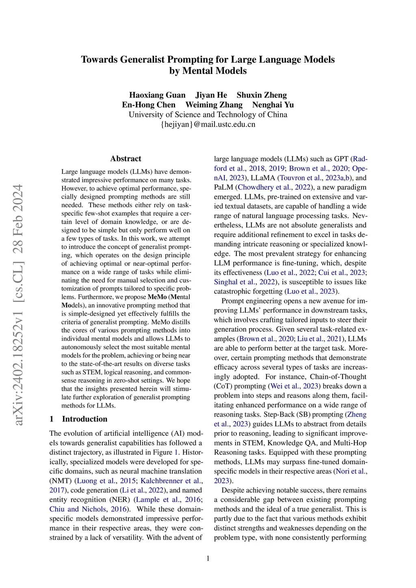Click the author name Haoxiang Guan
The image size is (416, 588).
click(157, 95)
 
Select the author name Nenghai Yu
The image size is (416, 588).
click(273, 105)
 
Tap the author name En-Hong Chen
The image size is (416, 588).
click(149, 105)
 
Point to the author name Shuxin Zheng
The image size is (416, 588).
click(262, 95)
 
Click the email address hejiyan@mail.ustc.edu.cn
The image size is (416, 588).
click(208, 124)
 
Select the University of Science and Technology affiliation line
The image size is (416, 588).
click(208, 115)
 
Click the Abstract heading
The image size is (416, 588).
click(126, 159)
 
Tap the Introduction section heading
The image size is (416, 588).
click(84, 419)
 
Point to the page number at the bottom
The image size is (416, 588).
click(208, 558)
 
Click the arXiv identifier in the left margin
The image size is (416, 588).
click(18, 305)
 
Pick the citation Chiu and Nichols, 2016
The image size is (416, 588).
click(88, 509)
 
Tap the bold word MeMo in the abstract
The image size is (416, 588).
click(157, 297)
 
